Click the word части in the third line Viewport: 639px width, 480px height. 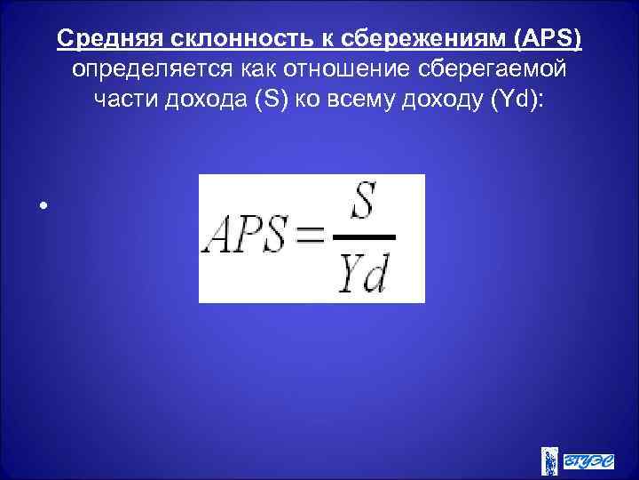coord(124,100)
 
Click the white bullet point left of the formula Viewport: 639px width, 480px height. coord(42,205)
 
